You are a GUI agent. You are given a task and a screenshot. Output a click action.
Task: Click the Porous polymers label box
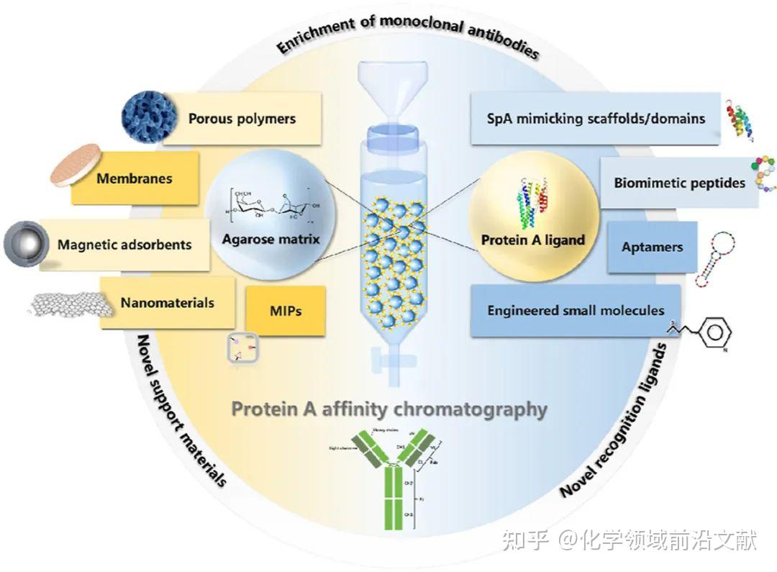coord(242,119)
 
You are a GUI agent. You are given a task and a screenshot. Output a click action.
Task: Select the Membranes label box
coord(135,178)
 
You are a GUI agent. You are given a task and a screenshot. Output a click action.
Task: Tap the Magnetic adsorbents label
coord(124,245)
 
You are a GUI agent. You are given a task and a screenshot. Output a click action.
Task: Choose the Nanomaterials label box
coord(167,302)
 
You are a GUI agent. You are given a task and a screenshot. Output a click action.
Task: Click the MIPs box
coord(286,312)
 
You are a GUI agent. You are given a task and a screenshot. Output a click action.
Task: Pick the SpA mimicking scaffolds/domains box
coord(594,118)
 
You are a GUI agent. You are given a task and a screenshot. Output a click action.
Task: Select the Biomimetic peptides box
coord(678,183)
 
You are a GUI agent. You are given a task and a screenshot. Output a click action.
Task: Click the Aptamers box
coord(652,248)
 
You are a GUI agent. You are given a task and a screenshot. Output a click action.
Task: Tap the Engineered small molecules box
coord(576,311)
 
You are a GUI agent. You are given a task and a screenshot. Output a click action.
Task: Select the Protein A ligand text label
coord(533,240)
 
